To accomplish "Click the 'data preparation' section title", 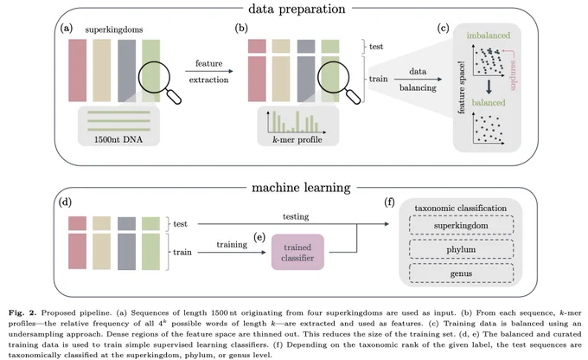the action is pyautogui.click(x=297, y=9).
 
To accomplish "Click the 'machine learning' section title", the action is pyautogui.click(x=301, y=187).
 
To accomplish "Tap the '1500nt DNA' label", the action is pyautogui.click(x=118, y=139).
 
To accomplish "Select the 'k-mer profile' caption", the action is pyautogui.click(x=297, y=139).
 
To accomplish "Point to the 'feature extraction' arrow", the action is pyautogui.click(x=209, y=71).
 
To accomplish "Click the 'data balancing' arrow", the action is pyautogui.click(x=418, y=80).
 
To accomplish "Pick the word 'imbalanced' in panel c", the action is pyautogui.click(x=489, y=35).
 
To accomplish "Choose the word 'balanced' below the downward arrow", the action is pyautogui.click(x=489, y=102).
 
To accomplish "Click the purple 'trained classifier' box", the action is pyautogui.click(x=297, y=252).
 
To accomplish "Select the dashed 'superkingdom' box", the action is pyautogui.click(x=461, y=225).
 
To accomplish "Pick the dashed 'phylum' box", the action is pyautogui.click(x=461, y=249).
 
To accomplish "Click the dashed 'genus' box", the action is pyautogui.click(x=461, y=273).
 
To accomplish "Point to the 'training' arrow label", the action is pyautogui.click(x=232, y=244).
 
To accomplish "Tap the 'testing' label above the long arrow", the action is pyautogui.click(x=296, y=216).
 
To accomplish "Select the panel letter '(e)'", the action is pyautogui.click(x=259, y=237).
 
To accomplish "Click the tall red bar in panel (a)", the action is pyautogui.click(x=77, y=71).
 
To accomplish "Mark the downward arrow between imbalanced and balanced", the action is pyautogui.click(x=489, y=87).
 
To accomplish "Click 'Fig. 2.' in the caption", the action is pyautogui.click(x=22, y=312).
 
